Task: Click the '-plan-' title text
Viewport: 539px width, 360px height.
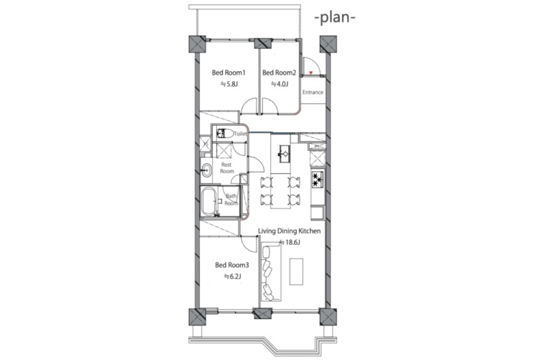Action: pyautogui.click(x=335, y=18)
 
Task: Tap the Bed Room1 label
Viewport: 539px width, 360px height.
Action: pyautogui.click(x=229, y=73)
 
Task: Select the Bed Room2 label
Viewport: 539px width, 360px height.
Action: pyautogui.click(x=279, y=73)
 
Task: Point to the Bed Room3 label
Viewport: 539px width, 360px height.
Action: pyautogui.click(x=232, y=265)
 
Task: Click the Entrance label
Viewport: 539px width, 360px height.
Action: pyautogui.click(x=313, y=92)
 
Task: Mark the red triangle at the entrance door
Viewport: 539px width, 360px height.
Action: pyautogui.click(x=310, y=73)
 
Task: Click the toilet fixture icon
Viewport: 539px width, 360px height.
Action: pyautogui.click(x=222, y=134)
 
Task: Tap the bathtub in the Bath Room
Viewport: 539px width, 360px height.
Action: pyautogui.click(x=208, y=201)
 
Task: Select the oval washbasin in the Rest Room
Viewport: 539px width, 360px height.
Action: pyautogui.click(x=206, y=170)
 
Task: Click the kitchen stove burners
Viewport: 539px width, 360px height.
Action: pyautogui.click(x=318, y=180)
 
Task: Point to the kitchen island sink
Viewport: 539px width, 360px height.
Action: pyautogui.click(x=285, y=154)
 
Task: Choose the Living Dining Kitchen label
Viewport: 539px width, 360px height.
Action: pyautogui.click(x=289, y=231)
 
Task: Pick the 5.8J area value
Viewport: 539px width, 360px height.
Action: pyautogui.click(x=229, y=84)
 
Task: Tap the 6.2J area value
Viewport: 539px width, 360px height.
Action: pyautogui.click(x=232, y=277)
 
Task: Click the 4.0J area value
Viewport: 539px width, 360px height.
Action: pyautogui.click(x=280, y=84)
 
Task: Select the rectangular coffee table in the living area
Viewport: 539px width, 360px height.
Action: pyautogui.click(x=296, y=272)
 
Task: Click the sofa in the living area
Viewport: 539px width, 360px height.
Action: pyautogui.click(x=270, y=272)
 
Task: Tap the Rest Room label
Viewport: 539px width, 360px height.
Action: pyautogui.click(x=226, y=168)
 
